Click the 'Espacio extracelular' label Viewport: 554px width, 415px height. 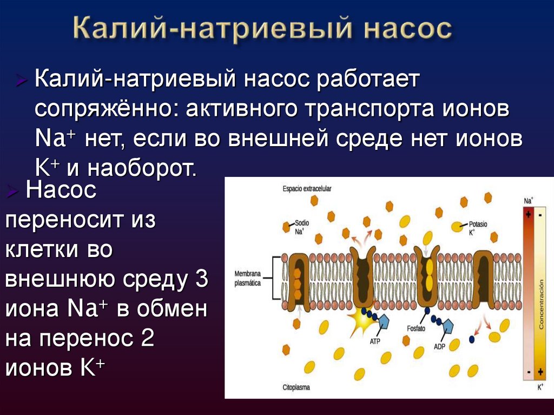tap(307, 189)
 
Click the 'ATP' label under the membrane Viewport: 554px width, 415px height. tap(375, 341)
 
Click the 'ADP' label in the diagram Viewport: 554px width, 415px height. tap(439, 346)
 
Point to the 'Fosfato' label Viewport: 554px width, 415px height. tap(418, 328)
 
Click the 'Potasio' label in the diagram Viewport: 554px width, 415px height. tap(478, 223)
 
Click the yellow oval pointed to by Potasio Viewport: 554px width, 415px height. tap(458, 228)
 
